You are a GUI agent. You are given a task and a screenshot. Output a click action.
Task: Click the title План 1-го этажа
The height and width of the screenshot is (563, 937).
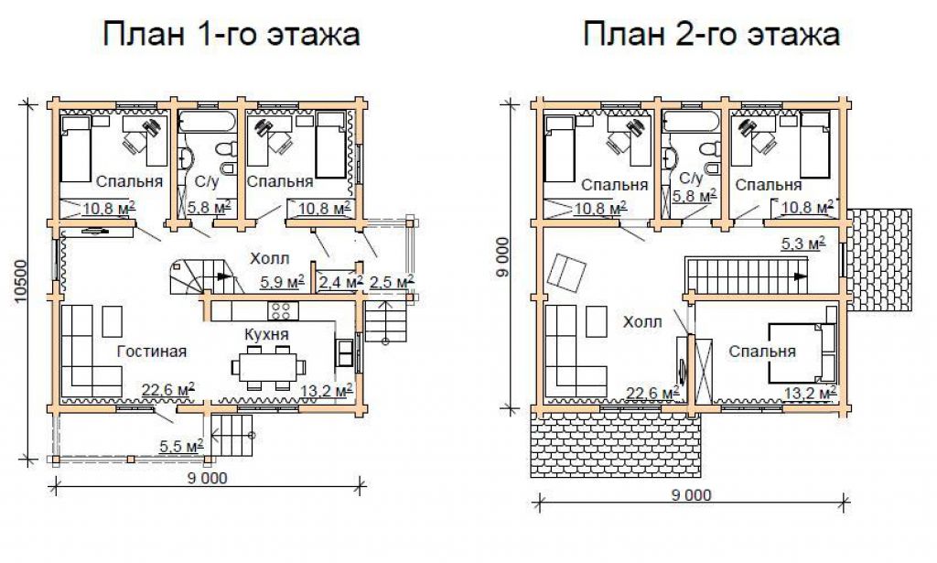(x=232, y=34)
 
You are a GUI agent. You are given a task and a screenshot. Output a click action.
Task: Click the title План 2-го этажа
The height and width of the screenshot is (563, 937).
(x=711, y=34)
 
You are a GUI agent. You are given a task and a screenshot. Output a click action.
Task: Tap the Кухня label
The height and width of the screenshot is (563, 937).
(x=266, y=333)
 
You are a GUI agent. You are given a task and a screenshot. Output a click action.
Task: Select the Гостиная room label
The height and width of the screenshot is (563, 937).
(x=152, y=352)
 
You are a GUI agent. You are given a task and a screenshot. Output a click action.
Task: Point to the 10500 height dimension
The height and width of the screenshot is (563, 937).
(x=21, y=280)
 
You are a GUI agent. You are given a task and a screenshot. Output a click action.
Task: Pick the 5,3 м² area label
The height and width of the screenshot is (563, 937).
(x=803, y=244)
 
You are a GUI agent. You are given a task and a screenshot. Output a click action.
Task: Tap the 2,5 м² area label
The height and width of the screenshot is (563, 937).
(x=392, y=282)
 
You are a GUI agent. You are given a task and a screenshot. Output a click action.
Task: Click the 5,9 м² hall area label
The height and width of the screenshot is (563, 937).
(x=283, y=282)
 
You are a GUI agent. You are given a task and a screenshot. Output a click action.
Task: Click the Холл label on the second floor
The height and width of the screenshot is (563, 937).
(x=642, y=322)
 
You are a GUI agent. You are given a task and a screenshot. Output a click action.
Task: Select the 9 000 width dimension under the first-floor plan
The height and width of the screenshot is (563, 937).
(x=208, y=478)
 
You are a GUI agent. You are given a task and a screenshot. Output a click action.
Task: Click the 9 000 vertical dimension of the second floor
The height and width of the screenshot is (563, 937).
(x=503, y=257)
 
